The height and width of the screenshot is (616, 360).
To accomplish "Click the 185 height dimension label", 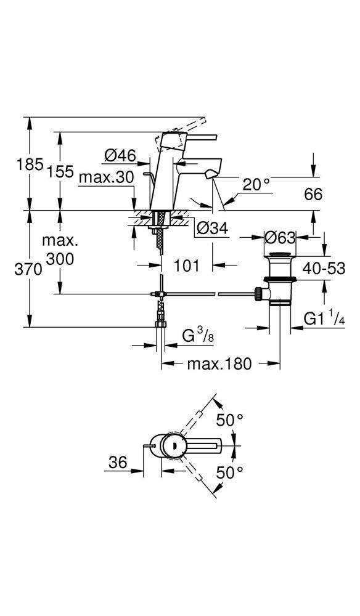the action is (x=30, y=164).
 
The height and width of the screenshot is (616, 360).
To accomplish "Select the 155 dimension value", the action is (x=60, y=171).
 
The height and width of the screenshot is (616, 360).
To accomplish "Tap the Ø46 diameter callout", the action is (x=120, y=156).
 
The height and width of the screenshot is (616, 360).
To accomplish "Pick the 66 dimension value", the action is (x=313, y=194).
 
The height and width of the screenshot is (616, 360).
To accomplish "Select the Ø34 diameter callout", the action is (x=212, y=228).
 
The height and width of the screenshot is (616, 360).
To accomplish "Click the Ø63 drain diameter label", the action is (x=279, y=237).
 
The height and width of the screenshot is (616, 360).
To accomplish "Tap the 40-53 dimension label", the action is (x=324, y=269).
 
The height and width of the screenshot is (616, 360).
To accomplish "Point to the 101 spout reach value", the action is (x=186, y=265).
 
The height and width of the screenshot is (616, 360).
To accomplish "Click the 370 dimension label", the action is (x=28, y=270).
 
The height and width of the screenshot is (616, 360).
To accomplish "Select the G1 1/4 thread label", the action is (x=324, y=318).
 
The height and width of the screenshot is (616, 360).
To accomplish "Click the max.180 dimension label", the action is (x=219, y=364).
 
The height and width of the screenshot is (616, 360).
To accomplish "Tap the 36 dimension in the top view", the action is (x=118, y=463).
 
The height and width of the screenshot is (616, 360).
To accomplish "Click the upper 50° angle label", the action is (x=230, y=420).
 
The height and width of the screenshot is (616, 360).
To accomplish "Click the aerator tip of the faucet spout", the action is (x=211, y=173).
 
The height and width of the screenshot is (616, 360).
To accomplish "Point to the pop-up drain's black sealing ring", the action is (x=279, y=279).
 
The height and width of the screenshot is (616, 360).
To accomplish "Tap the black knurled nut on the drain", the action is (x=258, y=293).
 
